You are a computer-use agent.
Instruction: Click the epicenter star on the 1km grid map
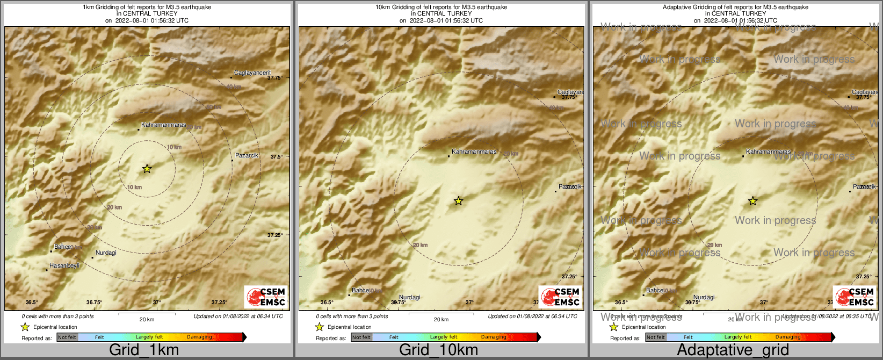147,169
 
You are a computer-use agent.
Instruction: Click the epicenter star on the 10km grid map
458,201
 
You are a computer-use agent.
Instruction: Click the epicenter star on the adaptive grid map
752,201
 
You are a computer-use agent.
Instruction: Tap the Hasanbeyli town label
64,266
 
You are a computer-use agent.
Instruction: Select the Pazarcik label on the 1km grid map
247,155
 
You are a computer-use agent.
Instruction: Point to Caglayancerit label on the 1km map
252,73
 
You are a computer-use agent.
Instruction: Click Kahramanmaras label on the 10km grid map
474,152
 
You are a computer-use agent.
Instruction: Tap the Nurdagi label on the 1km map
106,253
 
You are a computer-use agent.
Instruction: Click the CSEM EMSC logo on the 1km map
266,297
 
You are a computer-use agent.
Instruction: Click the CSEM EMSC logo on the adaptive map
855,297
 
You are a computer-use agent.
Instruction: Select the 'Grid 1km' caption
144,350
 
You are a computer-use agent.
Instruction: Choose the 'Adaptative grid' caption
733,350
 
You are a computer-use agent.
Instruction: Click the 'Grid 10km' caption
438,350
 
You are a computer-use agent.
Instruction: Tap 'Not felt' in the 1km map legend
67,337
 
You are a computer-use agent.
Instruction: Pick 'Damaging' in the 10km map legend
494,337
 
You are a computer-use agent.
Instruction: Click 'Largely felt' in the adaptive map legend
738,337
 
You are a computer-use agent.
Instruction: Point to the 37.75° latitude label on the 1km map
275,78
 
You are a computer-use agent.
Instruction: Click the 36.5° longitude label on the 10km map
327,303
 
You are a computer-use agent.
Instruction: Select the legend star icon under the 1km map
25,327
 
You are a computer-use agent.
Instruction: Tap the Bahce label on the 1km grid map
62,247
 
